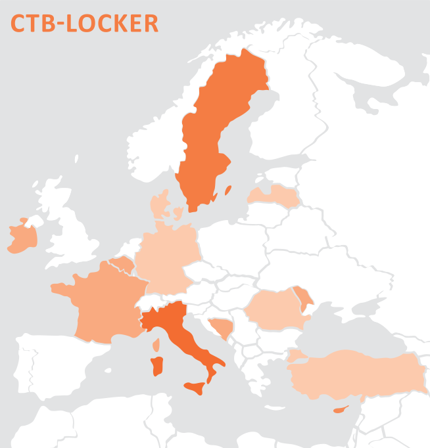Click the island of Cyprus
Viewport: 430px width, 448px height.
tap(341, 410)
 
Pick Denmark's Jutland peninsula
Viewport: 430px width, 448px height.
tap(160, 204)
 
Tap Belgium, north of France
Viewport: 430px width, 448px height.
tap(122, 265)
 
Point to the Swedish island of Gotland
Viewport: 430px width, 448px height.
tap(228, 190)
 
